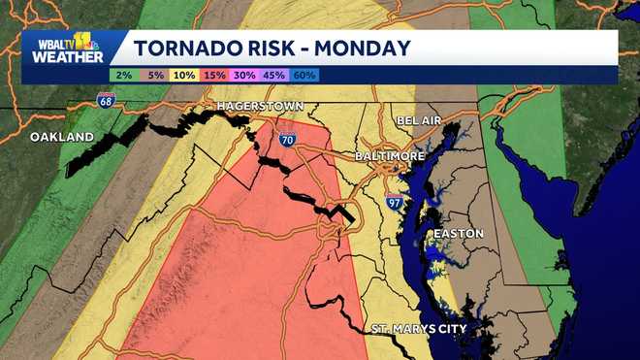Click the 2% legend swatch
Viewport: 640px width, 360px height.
coord(122,75)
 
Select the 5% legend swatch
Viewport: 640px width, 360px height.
coord(153,75)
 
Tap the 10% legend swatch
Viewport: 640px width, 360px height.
coord(185,75)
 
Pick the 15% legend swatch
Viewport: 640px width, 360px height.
coord(215,75)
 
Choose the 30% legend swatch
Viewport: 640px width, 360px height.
coord(245,75)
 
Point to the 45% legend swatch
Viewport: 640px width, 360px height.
coord(275,75)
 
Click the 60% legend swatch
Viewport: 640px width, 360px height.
coord(305,75)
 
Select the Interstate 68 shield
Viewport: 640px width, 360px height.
coord(104,98)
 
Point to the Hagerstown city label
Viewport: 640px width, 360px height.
coord(260,106)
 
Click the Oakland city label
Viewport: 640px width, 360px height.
coord(62,137)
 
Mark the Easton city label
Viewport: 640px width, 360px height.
coord(457,234)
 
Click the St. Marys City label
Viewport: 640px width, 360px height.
coord(419,329)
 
